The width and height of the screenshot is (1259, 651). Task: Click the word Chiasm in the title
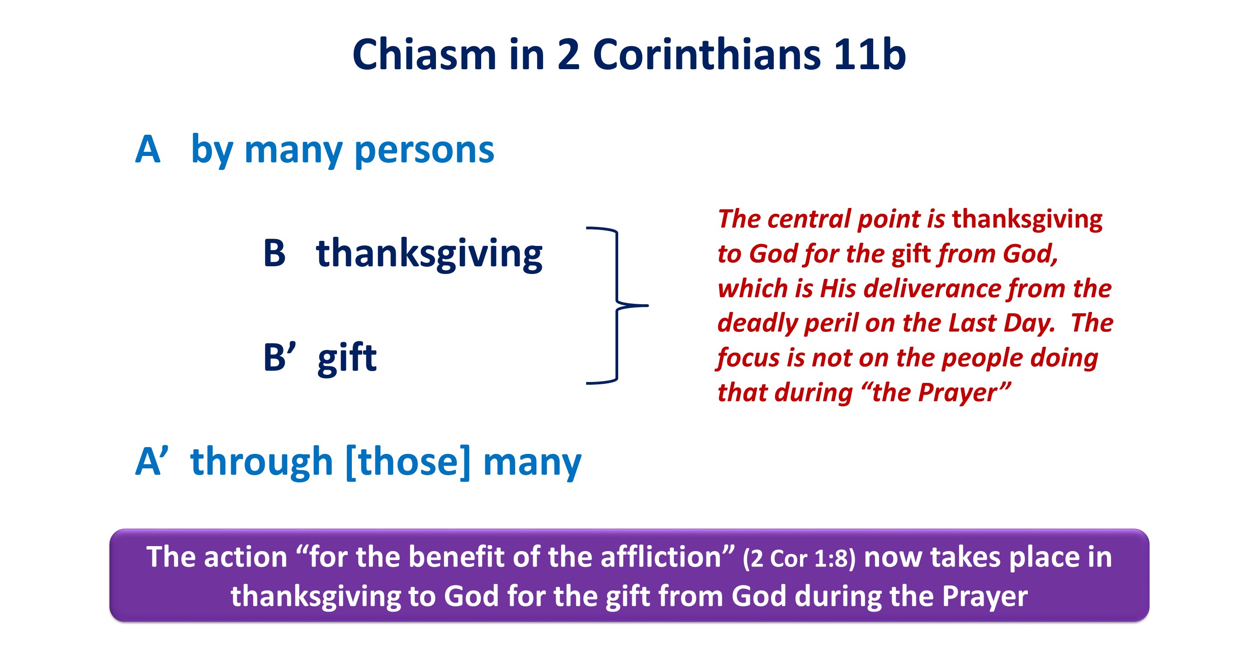[x=424, y=54]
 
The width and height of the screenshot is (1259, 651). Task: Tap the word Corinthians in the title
[x=707, y=54]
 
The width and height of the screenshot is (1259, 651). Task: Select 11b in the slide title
[x=870, y=54]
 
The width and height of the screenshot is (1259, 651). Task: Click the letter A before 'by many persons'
[x=147, y=149]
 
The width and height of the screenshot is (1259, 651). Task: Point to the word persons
[x=424, y=151]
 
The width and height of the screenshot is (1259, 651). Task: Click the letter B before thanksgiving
[x=274, y=253]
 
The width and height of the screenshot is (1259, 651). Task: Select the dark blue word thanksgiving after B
[x=429, y=254]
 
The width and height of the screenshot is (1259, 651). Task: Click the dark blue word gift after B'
[x=347, y=358]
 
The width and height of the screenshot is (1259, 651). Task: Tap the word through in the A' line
[x=262, y=462]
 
